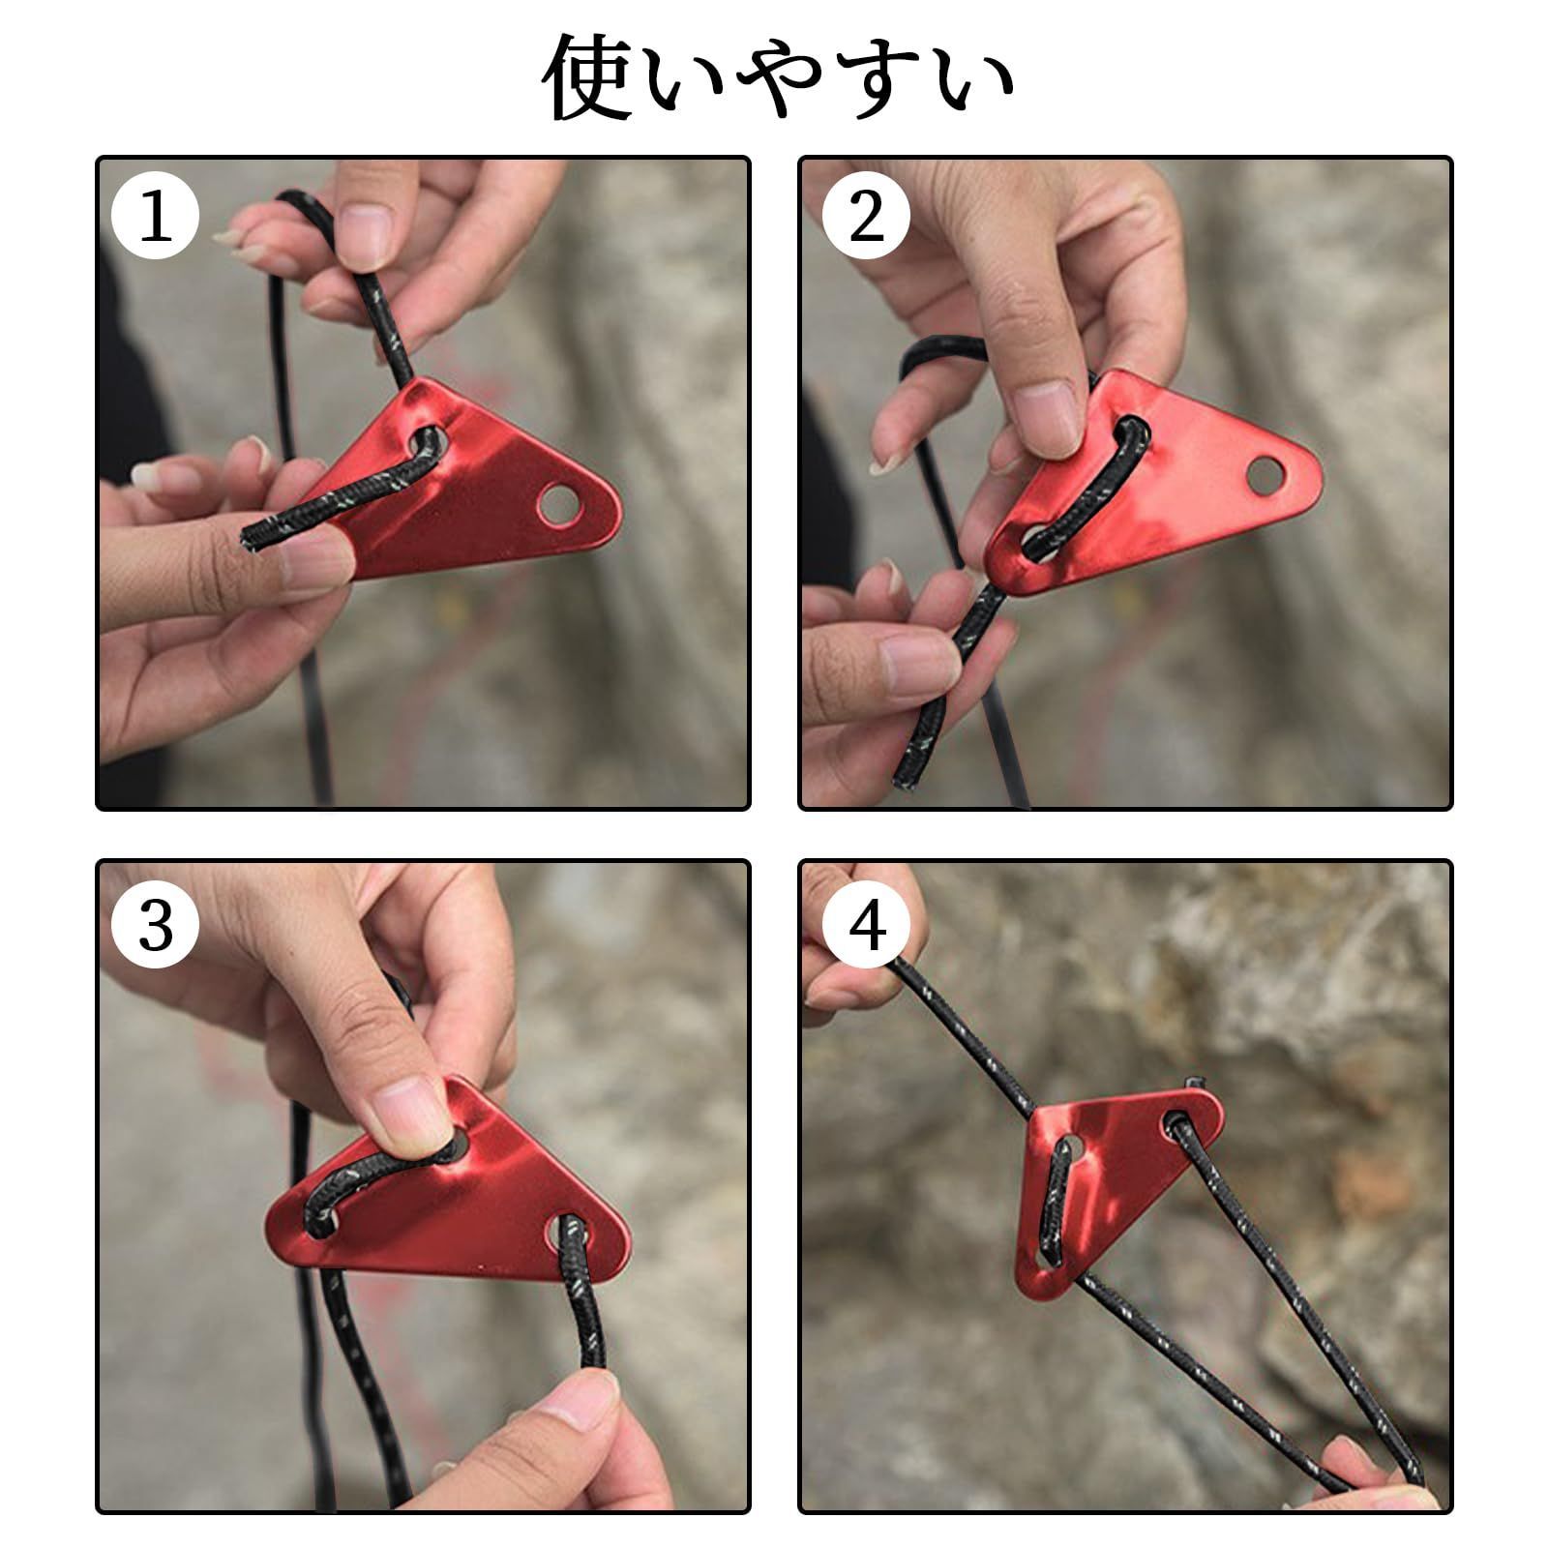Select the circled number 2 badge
[866, 217]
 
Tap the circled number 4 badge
[866, 926]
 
